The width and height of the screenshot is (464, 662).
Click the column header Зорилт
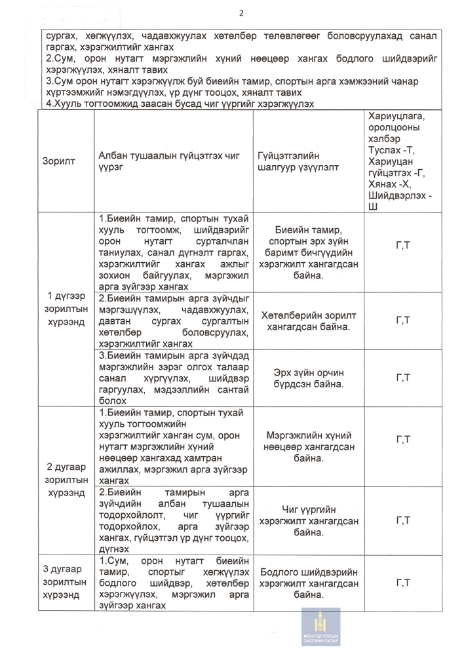pyautogui.click(x=58, y=161)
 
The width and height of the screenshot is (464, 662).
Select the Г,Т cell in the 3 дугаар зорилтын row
pyautogui.click(x=403, y=583)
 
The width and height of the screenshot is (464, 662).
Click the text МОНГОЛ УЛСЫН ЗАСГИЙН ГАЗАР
pyautogui.click(x=321, y=640)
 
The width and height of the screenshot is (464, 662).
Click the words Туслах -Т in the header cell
pyautogui.click(x=392, y=151)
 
